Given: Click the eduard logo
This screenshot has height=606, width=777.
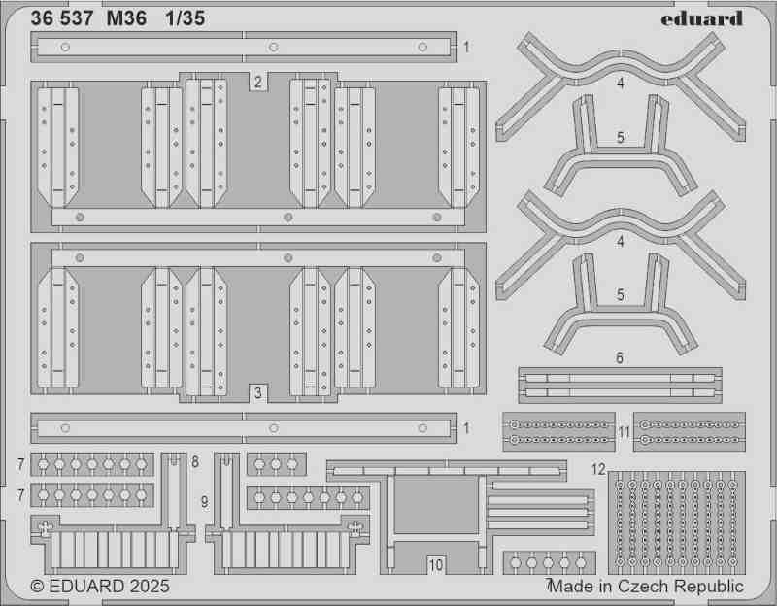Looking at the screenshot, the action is pyautogui.click(x=701, y=18).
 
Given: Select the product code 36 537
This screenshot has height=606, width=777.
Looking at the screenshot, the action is pyautogui.click(x=62, y=18).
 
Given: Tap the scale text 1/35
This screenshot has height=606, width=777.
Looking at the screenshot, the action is pyautogui.click(x=186, y=18).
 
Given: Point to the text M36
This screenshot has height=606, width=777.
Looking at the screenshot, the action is pyautogui.click(x=126, y=18).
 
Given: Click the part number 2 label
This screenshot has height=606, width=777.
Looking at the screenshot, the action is pyautogui.click(x=257, y=82).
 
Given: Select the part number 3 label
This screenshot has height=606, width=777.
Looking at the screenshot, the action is pyautogui.click(x=257, y=393).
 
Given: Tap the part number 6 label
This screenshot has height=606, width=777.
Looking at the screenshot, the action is pyautogui.click(x=620, y=357).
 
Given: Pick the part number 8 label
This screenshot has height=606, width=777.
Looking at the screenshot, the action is pyautogui.click(x=195, y=462).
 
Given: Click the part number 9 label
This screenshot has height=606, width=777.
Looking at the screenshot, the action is pyautogui.click(x=205, y=502).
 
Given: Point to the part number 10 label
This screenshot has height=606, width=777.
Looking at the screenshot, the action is pyautogui.click(x=435, y=565).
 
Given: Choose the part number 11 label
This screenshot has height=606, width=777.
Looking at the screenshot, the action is pyautogui.click(x=624, y=432).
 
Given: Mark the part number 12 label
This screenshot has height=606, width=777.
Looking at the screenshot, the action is pyautogui.click(x=598, y=469).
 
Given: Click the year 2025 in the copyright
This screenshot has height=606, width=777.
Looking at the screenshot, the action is pyautogui.click(x=150, y=587).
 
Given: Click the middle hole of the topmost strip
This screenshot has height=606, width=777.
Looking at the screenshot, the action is pyautogui.click(x=273, y=47).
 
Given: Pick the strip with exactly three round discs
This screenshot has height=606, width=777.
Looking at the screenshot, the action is pyautogui.click(x=277, y=464).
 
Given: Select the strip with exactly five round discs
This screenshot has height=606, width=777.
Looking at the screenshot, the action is pyautogui.click(x=549, y=563).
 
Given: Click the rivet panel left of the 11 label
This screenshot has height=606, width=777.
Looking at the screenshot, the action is pyautogui.click(x=559, y=431).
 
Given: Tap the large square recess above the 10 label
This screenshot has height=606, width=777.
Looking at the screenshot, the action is pyautogui.click(x=436, y=504).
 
